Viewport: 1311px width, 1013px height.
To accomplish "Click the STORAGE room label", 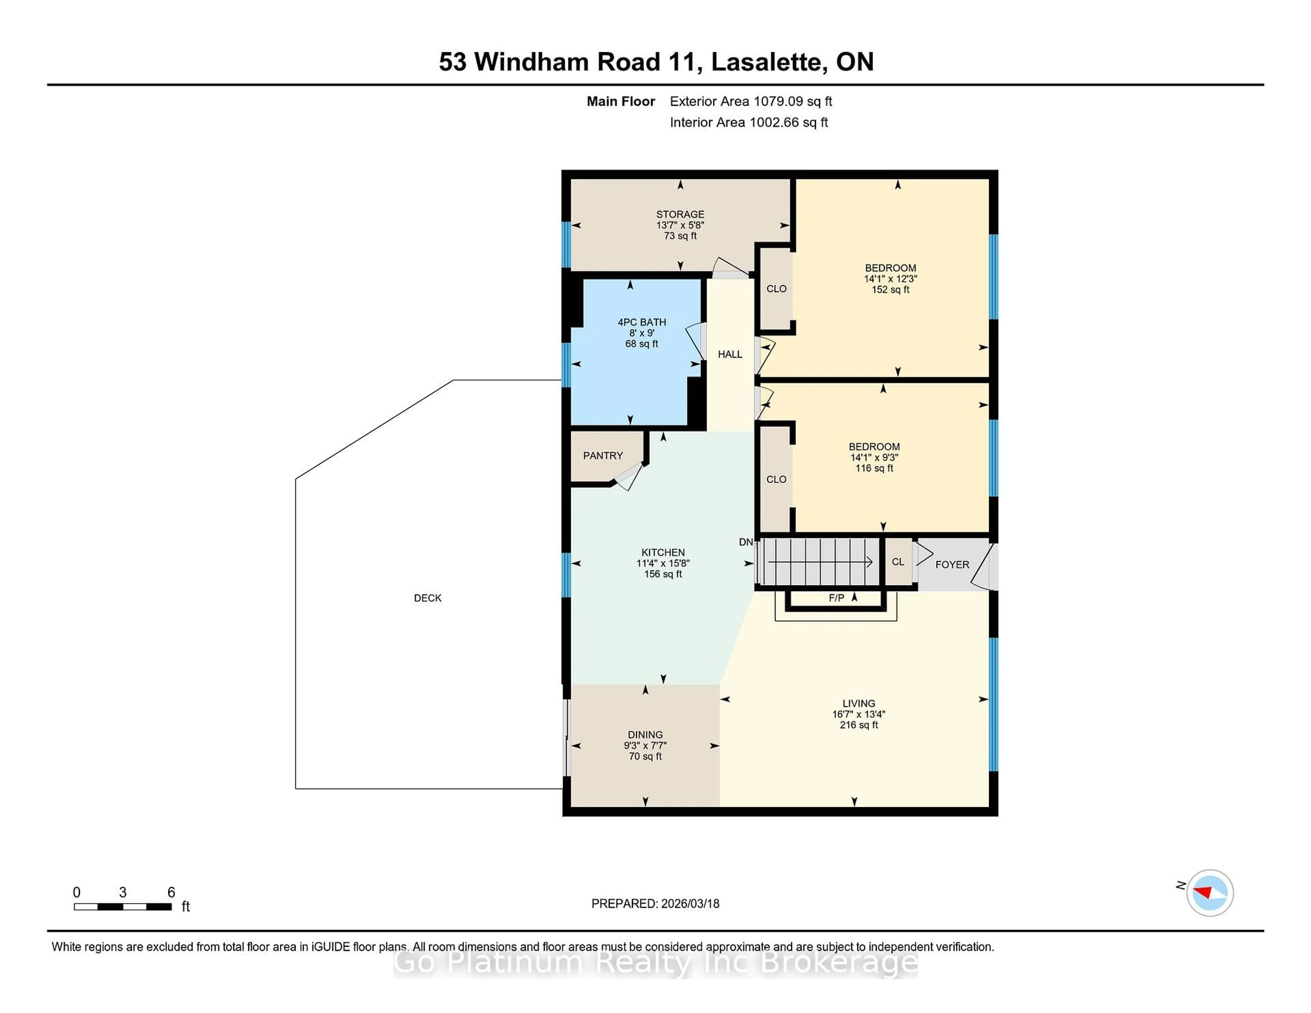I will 680,214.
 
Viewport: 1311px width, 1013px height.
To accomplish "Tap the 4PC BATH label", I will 642,322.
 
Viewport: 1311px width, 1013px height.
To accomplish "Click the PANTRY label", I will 603,456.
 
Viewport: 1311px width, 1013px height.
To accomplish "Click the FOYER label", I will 952,565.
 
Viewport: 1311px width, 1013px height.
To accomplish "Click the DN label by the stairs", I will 746,542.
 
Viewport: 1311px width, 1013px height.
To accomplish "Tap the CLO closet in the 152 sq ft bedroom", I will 776,289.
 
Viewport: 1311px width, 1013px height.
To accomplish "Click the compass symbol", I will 1210,893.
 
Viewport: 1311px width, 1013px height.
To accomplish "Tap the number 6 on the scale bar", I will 171,893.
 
